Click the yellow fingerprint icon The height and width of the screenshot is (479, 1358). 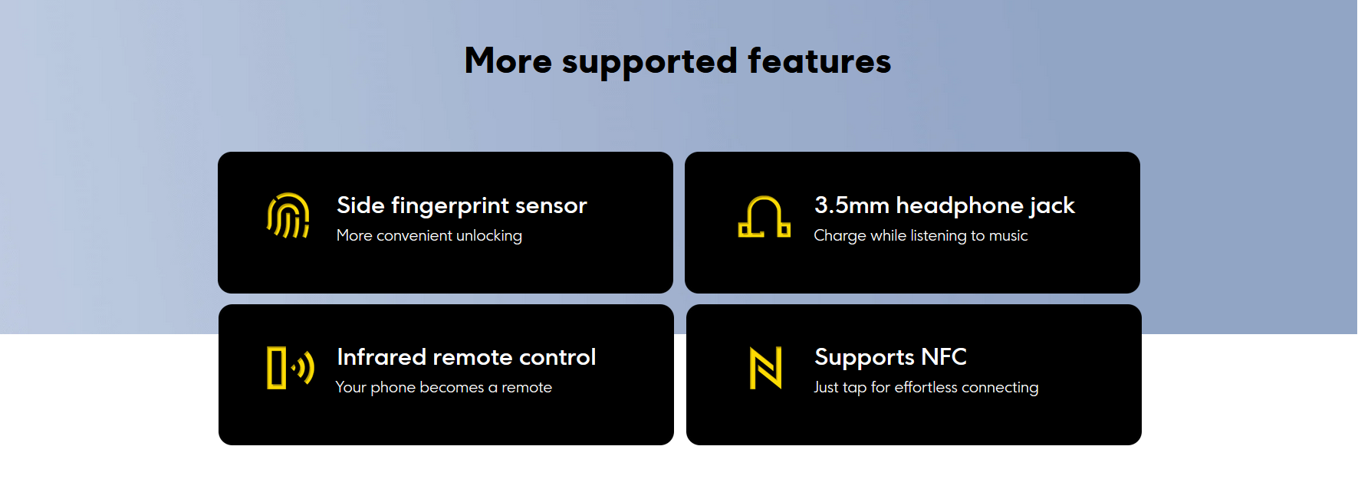click(x=288, y=215)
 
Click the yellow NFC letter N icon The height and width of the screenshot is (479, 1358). click(x=765, y=368)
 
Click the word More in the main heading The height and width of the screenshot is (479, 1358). click(x=508, y=61)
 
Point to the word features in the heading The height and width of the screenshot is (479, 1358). click(x=819, y=61)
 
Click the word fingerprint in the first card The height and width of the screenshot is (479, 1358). click(x=450, y=206)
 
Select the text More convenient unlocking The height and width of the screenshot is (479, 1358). click(x=429, y=236)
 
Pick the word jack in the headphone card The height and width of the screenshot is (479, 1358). click(x=1052, y=206)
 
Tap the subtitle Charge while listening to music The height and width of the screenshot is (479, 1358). click(x=921, y=236)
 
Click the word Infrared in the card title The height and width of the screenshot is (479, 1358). click(x=382, y=357)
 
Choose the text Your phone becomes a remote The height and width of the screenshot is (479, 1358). click(x=444, y=388)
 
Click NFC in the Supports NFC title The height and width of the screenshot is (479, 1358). click(x=944, y=357)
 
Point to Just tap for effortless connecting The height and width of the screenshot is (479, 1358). click(x=926, y=388)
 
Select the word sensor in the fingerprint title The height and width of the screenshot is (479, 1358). click(x=551, y=206)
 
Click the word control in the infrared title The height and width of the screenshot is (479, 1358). click(x=557, y=357)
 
